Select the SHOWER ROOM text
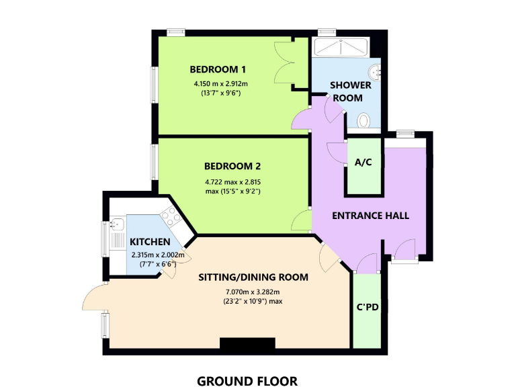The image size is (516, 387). [346, 91]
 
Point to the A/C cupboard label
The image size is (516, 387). [363, 162]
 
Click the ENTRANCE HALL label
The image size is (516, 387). [370, 216]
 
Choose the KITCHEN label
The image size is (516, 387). [150, 242]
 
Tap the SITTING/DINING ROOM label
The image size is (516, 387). [253, 277]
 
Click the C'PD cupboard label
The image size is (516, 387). [368, 308]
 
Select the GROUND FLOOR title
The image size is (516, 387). [247, 381]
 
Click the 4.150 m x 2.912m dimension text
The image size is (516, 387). [220, 84]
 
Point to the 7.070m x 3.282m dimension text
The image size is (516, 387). [253, 292]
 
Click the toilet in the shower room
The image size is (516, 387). [364, 120]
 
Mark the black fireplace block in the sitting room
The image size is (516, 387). [247, 344]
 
